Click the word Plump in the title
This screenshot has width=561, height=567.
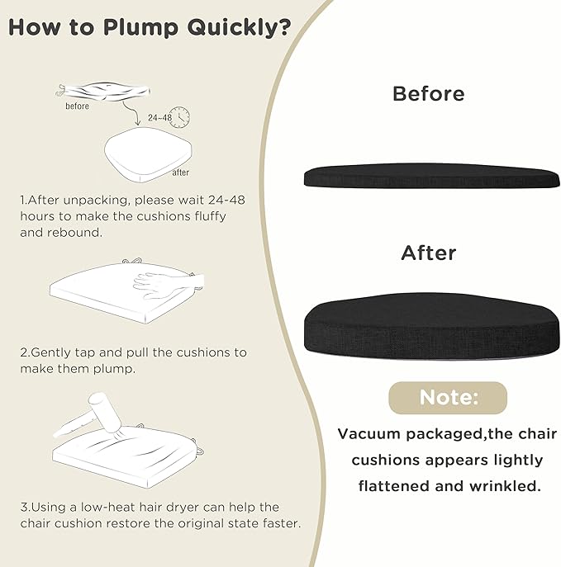coord(140,28)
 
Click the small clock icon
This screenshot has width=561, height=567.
coord(180,117)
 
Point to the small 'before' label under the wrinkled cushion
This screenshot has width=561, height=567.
coord(77,106)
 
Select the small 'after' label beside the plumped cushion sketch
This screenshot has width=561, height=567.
coord(181,172)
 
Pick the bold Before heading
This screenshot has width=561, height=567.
coord(429,94)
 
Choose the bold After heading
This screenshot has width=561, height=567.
coord(429,253)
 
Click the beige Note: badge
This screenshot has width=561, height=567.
coord(448,398)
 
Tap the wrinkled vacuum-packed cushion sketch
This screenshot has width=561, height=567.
coord(102,92)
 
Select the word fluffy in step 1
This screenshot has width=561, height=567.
coord(211,216)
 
